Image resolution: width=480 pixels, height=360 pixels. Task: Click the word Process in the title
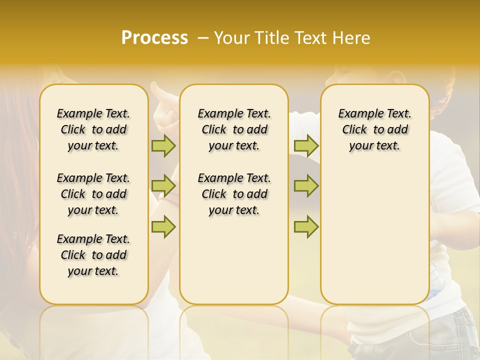[154, 37]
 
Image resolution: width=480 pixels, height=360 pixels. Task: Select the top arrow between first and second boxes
[163, 146]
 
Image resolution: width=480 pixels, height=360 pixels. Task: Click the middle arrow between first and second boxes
[163, 186]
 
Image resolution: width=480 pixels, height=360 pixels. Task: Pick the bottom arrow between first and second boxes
[163, 227]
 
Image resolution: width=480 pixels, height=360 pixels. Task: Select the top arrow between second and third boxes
[306, 146]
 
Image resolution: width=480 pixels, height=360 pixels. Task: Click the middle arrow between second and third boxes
[306, 186]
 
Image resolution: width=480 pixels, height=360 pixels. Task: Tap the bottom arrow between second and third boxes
[306, 227]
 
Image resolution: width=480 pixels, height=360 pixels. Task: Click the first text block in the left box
[93, 129]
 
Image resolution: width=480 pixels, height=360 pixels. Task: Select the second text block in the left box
[93, 194]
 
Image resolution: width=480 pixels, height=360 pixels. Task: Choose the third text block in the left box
[93, 255]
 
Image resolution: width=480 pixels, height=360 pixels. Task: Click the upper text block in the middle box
[234, 129]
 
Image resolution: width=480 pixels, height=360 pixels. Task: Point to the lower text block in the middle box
[234, 194]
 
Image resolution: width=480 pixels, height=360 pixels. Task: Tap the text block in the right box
[374, 129]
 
